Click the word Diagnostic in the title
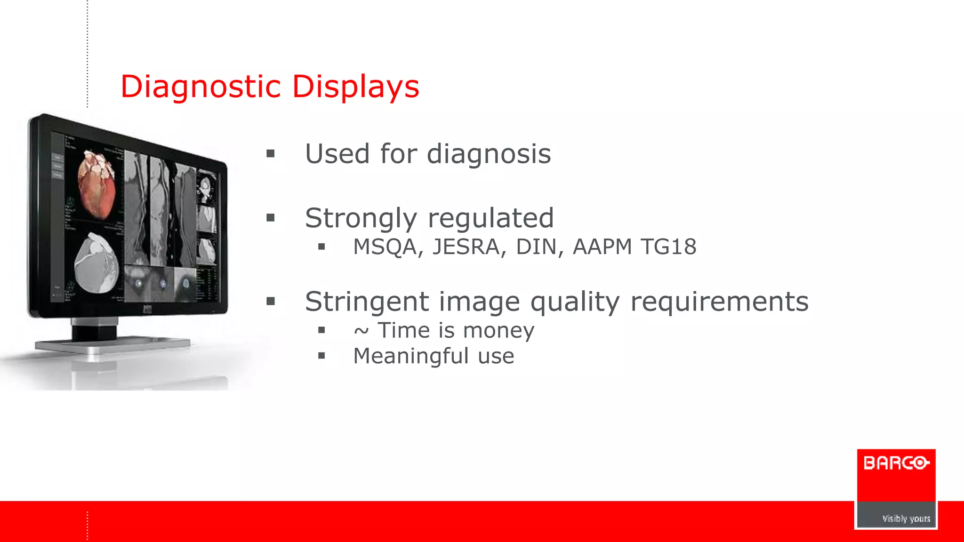click(x=201, y=87)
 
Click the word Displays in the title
click(x=355, y=87)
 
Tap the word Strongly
click(x=361, y=218)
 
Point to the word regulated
click(x=490, y=218)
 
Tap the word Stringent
click(x=367, y=302)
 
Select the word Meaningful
click(x=410, y=356)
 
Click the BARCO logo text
click(x=896, y=463)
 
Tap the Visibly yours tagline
click(x=906, y=518)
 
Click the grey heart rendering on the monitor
click(x=97, y=263)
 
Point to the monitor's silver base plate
click(x=113, y=346)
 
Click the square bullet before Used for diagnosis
click(x=270, y=154)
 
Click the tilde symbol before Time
click(x=361, y=331)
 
